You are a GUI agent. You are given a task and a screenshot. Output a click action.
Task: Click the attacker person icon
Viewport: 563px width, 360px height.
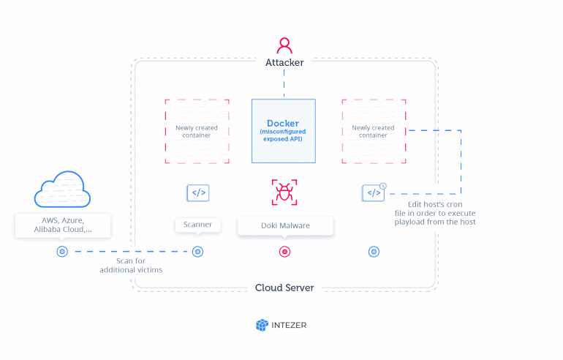284,45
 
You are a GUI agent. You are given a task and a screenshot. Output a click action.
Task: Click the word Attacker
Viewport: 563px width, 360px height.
284,63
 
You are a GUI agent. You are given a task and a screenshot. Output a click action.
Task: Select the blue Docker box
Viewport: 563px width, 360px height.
284,131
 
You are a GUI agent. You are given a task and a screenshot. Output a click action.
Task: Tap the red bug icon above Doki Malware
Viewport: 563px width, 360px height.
284,192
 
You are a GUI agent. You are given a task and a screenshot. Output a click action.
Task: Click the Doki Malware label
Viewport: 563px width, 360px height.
285,225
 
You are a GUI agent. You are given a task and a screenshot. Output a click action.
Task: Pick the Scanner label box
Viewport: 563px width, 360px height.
197,225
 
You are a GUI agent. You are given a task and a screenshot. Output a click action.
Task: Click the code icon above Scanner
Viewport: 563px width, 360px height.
198,193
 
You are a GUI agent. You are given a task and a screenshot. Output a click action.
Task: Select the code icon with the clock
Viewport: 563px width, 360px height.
374,192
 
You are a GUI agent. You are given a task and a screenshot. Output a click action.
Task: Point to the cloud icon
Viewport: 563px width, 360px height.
62,190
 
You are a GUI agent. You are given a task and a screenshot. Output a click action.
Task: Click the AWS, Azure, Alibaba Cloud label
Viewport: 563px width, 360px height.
62,225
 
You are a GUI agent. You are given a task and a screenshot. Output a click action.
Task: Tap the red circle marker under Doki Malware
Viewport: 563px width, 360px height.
284,252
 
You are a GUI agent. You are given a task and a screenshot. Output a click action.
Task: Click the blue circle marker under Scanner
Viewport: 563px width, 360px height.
197,252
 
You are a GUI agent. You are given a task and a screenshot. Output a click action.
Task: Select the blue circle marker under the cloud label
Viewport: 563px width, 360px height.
62,252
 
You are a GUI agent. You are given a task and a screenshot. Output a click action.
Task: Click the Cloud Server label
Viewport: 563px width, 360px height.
284,288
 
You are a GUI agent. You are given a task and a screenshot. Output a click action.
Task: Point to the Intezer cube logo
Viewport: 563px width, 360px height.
262,325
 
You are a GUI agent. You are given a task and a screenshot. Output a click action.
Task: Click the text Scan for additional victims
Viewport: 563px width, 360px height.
131,265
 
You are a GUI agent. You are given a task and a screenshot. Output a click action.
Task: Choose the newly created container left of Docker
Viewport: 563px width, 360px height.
197,132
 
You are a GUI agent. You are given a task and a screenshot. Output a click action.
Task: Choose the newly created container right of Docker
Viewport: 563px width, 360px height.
374,132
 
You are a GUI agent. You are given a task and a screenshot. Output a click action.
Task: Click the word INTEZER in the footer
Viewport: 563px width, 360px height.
290,325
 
